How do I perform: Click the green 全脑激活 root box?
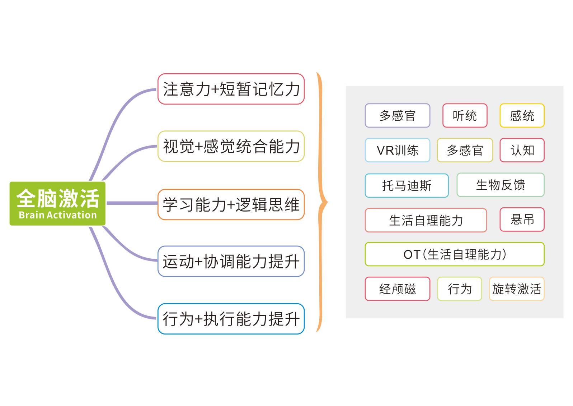pyautogui.click(x=57, y=204)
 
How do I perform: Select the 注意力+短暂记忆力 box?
pyautogui.click(x=231, y=89)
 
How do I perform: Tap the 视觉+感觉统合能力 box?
pyautogui.click(x=231, y=146)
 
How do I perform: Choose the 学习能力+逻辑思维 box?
pyautogui.click(x=231, y=204)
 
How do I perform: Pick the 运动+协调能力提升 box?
pyautogui.click(x=231, y=261)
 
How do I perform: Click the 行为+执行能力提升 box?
pyautogui.click(x=231, y=319)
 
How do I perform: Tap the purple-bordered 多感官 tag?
pyautogui.click(x=398, y=116)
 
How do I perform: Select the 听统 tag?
pyautogui.click(x=465, y=116)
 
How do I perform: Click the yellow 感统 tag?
pyautogui.click(x=522, y=116)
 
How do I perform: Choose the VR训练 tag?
pyautogui.click(x=398, y=150)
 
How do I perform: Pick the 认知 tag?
pyautogui.click(x=522, y=150)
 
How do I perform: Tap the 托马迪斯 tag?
pyautogui.click(x=407, y=185)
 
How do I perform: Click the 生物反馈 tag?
pyautogui.click(x=501, y=185)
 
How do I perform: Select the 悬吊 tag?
pyautogui.click(x=522, y=220)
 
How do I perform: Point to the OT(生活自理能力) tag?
pyautogui.click(x=455, y=254)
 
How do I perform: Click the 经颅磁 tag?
pyautogui.click(x=398, y=289)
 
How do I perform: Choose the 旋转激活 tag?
pyautogui.click(x=517, y=289)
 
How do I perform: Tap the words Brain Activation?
pyautogui.click(x=58, y=215)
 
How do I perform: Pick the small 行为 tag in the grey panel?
pyautogui.click(x=460, y=289)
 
